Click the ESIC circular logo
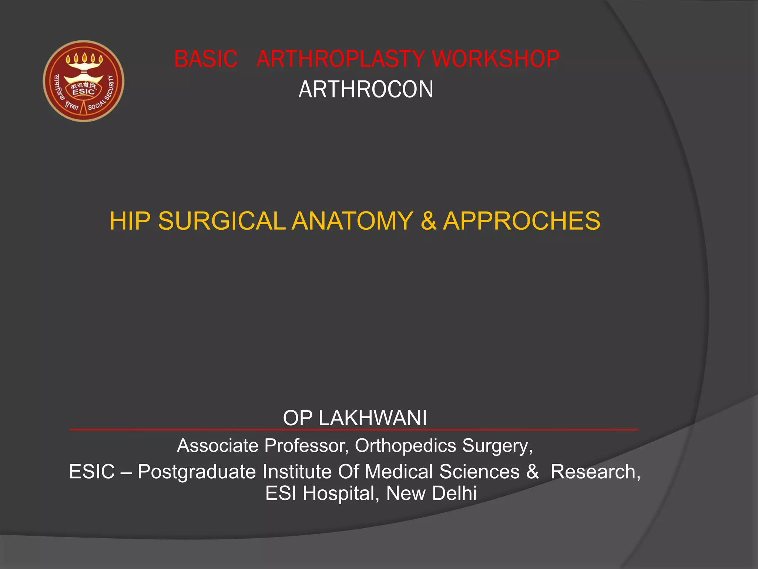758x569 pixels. pos(84,81)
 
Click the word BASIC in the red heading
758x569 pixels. pos(205,59)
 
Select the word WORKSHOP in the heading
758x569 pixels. pos(496,59)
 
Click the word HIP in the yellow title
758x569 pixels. pos(130,221)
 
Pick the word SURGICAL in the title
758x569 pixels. pos(221,221)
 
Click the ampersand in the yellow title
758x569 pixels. pos(428,221)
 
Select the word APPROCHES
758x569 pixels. pos(521,221)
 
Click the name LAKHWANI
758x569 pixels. pos(372,418)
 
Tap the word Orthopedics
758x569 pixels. pos(405,446)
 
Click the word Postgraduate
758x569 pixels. pos(197,472)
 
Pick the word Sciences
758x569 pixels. pos(479,472)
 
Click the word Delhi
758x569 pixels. pos(454,494)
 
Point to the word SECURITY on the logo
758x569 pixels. pos(110,89)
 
